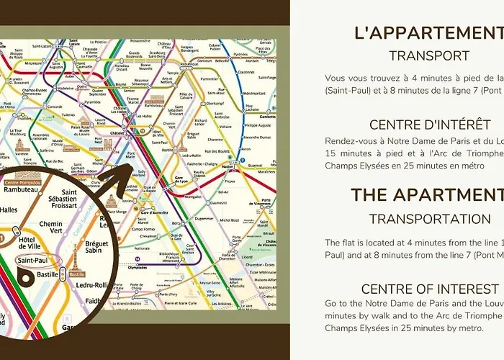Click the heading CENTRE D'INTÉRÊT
(x=429, y=125)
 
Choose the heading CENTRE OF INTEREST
(x=429, y=289)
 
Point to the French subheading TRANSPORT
(x=429, y=55)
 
